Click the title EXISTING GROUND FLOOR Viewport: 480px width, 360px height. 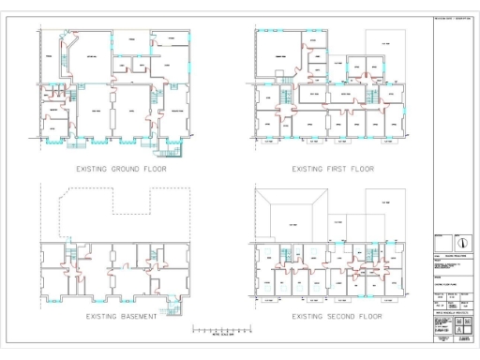coord(119,170)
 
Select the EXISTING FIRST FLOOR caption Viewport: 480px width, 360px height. coord(332,170)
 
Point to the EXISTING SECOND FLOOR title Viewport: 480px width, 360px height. coord(337,317)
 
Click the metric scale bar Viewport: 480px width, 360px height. coord(222,330)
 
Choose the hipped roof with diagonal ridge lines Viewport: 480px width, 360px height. coord(293,223)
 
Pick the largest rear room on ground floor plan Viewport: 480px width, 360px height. coord(93,58)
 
